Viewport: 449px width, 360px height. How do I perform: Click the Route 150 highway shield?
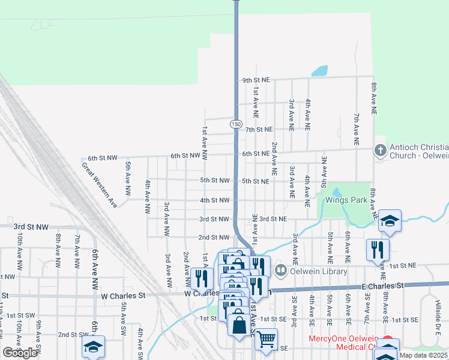[236, 124]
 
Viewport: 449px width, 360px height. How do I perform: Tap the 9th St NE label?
[257, 80]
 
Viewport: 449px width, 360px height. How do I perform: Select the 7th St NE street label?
[259, 129]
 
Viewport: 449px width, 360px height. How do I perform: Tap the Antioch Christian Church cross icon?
[380, 151]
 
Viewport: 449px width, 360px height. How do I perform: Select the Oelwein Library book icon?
[280, 271]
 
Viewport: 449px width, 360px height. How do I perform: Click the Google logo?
[20, 352]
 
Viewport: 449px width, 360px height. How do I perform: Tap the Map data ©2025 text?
[423, 355]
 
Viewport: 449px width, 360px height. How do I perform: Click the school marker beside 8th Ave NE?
[390, 220]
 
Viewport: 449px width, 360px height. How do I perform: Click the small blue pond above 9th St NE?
[319, 71]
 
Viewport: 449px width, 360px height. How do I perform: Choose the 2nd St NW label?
[214, 238]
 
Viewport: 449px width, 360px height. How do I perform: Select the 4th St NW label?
[215, 200]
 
